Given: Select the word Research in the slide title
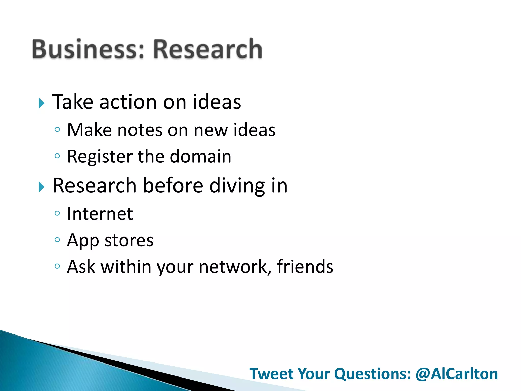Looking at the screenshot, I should (x=207, y=49).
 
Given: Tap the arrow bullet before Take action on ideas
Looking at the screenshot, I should (x=41, y=103).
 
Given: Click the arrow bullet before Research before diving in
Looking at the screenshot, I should (x=41, y=187).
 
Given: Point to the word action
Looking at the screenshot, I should (x=128, y=102).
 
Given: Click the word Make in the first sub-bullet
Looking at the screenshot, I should (x=89, y=130).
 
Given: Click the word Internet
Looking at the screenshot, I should (x=100, y=214).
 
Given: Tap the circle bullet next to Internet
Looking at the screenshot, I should (x=57, y=213).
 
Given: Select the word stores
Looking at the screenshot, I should (x=129, y=240).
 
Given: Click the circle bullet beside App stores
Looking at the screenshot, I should (x=57, y=240).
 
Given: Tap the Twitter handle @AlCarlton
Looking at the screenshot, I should (x=457, y=374).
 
